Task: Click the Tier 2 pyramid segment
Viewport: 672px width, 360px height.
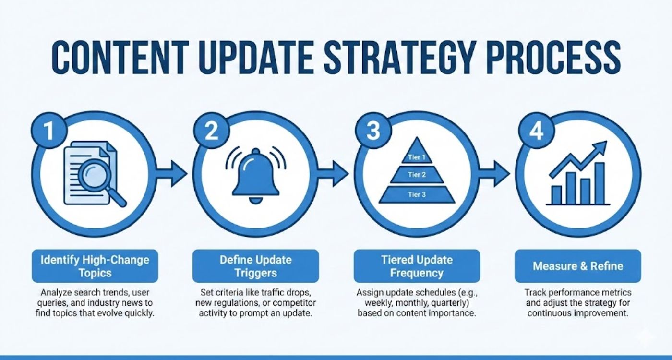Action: click(416, 175)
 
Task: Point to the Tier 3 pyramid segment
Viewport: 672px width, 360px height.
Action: click(416, 194)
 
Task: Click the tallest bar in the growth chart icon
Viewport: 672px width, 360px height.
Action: click(600, 183)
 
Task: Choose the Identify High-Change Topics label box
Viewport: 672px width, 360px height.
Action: click(95, 266)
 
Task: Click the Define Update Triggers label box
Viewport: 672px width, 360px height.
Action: click(255, 266)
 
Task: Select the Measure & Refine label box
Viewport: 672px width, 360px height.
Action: click(577, 266)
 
